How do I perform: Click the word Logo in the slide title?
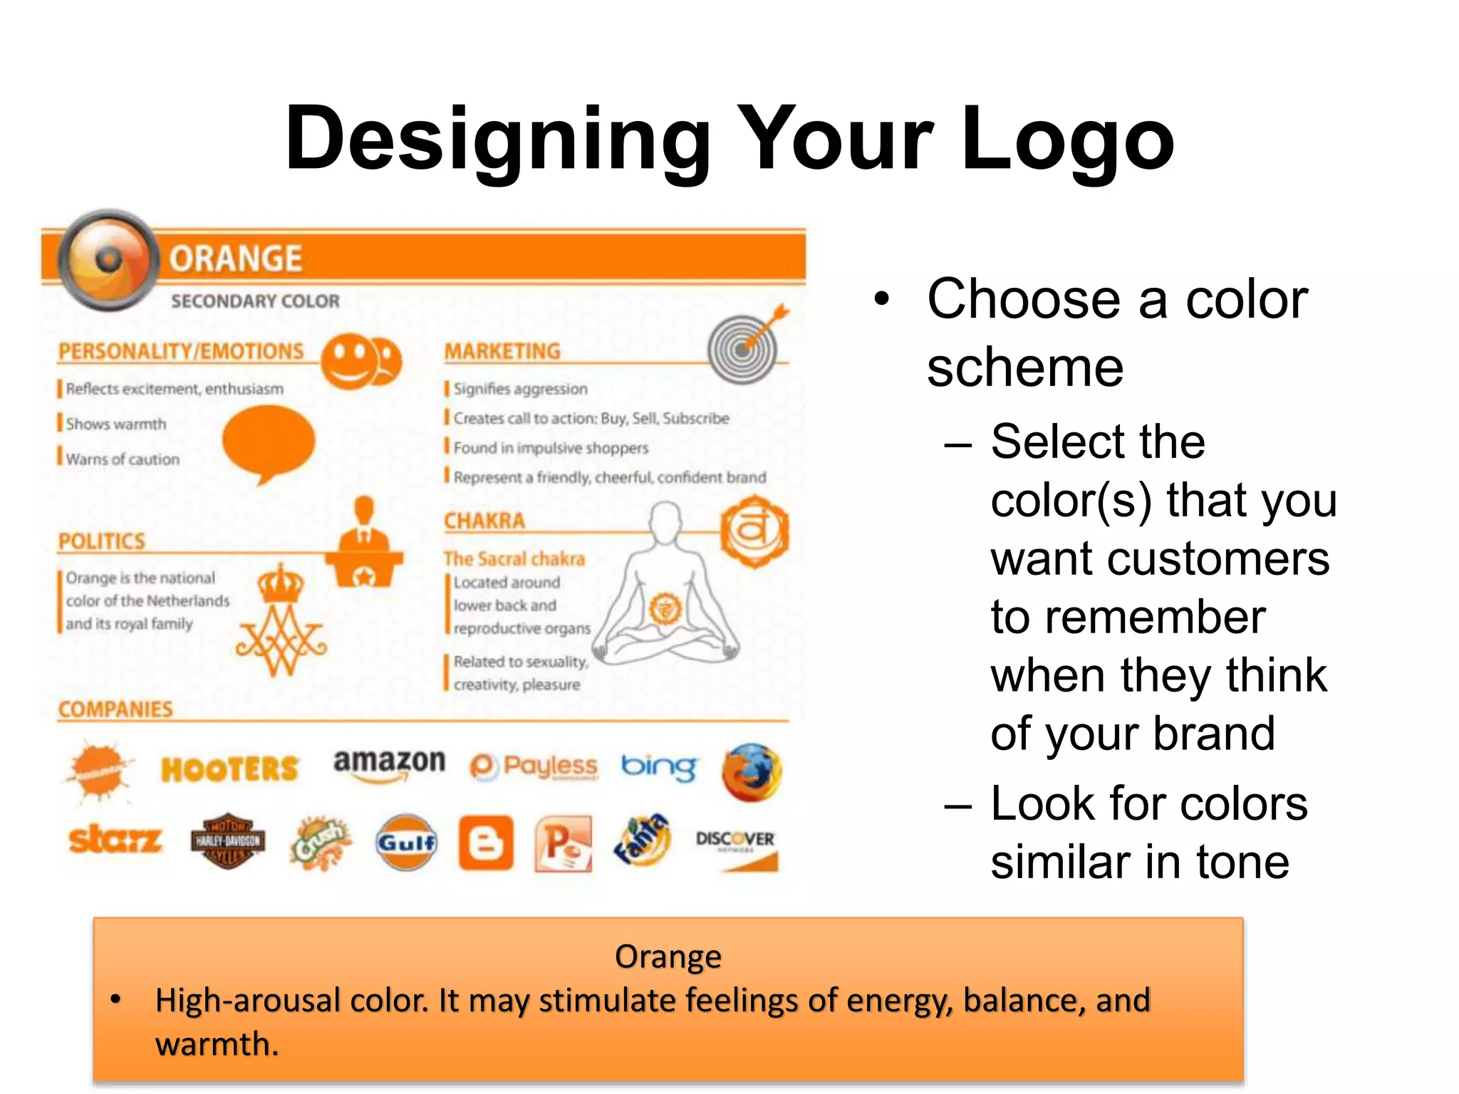(1067, 139)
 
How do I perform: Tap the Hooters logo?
(229, 769)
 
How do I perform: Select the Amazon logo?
(389, 764)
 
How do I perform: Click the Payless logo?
(534, 767)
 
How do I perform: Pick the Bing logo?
(659, 767)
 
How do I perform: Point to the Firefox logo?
(752, 772)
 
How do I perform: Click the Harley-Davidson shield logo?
(228, 841)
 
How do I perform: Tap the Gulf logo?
(406, 843)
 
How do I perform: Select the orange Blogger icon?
(486, 843)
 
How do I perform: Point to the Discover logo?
(736, 848)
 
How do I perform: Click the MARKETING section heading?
(502, 351)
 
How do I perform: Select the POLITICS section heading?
(102, 541)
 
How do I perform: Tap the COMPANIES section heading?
(115, 709)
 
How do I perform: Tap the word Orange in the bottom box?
(668, 957)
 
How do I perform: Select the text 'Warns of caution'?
(123, 459)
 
